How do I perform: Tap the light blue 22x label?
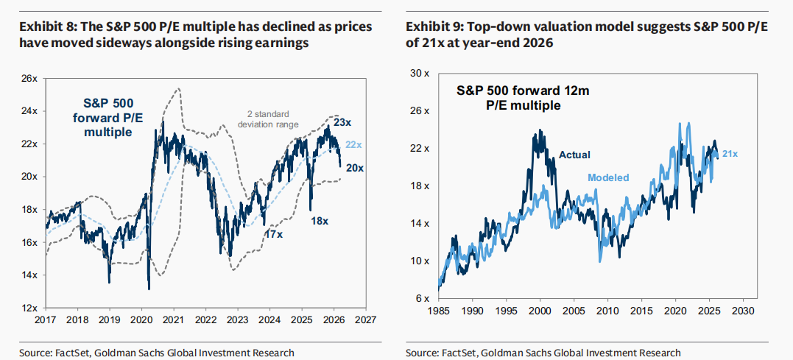(354, 144)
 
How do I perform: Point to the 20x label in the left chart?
(354, 169)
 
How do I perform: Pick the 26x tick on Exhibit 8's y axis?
(28, 78)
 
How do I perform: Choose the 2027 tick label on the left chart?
(365, 321)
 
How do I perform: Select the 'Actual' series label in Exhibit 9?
(574, 155)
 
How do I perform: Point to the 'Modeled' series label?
(608, 178)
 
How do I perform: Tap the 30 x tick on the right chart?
(417, 73)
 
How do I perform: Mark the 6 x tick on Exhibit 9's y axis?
(420, 298)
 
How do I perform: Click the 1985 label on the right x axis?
(438, 311)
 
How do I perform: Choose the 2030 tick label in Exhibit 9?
(741, 311)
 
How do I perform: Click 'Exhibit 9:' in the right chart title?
(431, 27)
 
